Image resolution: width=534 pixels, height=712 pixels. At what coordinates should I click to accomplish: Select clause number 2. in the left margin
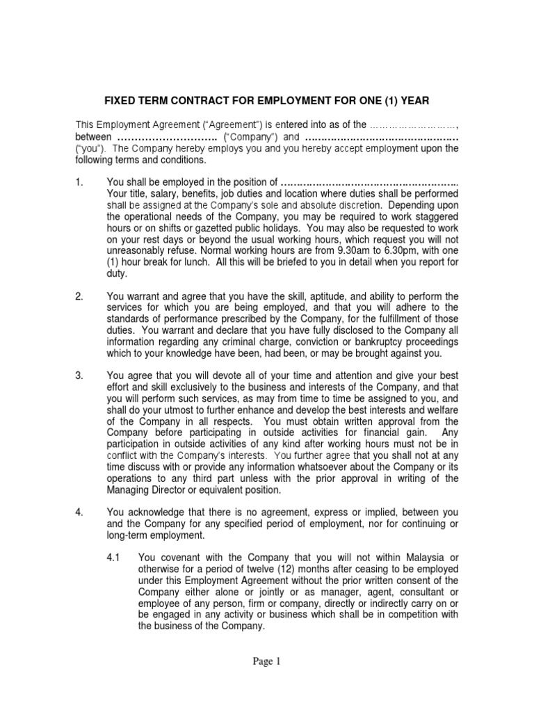[x=79, y=297]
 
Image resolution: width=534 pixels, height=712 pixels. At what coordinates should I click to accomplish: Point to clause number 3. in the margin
[x=79, y=375]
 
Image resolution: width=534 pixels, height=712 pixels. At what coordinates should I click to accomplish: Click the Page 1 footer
[x=266, y=662]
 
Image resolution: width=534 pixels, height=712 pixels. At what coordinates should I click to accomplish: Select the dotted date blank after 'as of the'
[x=413, y=125]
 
